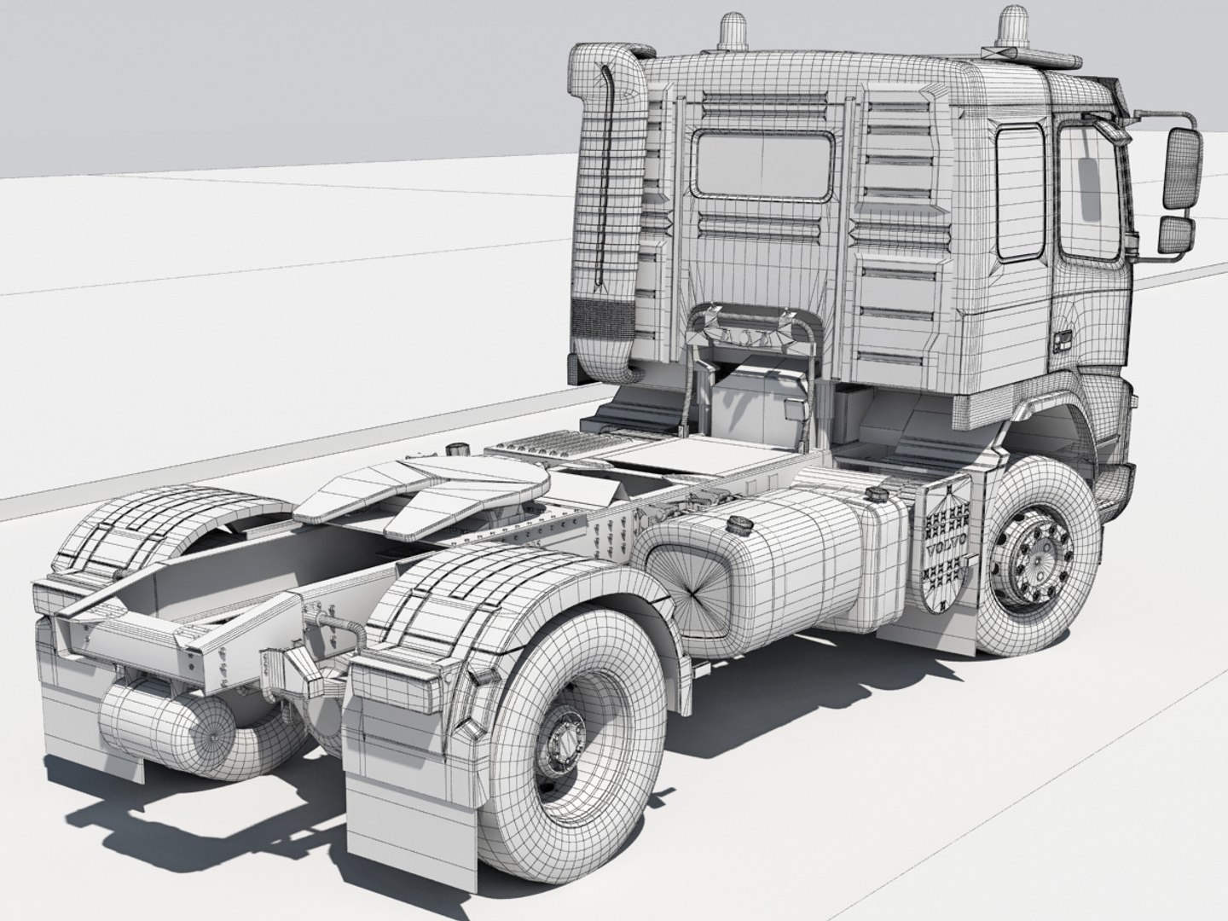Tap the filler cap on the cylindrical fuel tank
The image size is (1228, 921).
point(737,523)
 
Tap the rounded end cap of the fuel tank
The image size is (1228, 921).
point(691,588)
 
